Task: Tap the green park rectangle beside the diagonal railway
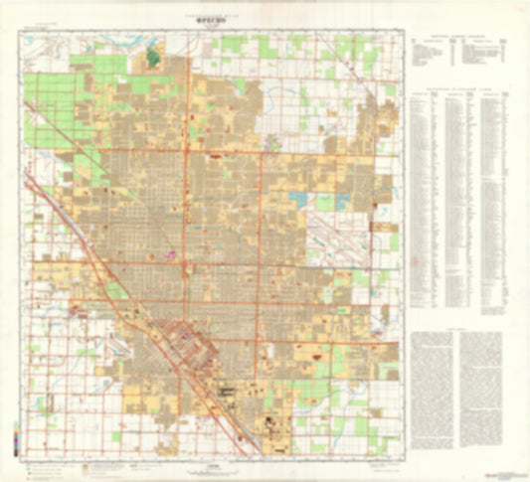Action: coord(117,290)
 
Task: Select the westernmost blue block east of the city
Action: coord(299,199)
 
